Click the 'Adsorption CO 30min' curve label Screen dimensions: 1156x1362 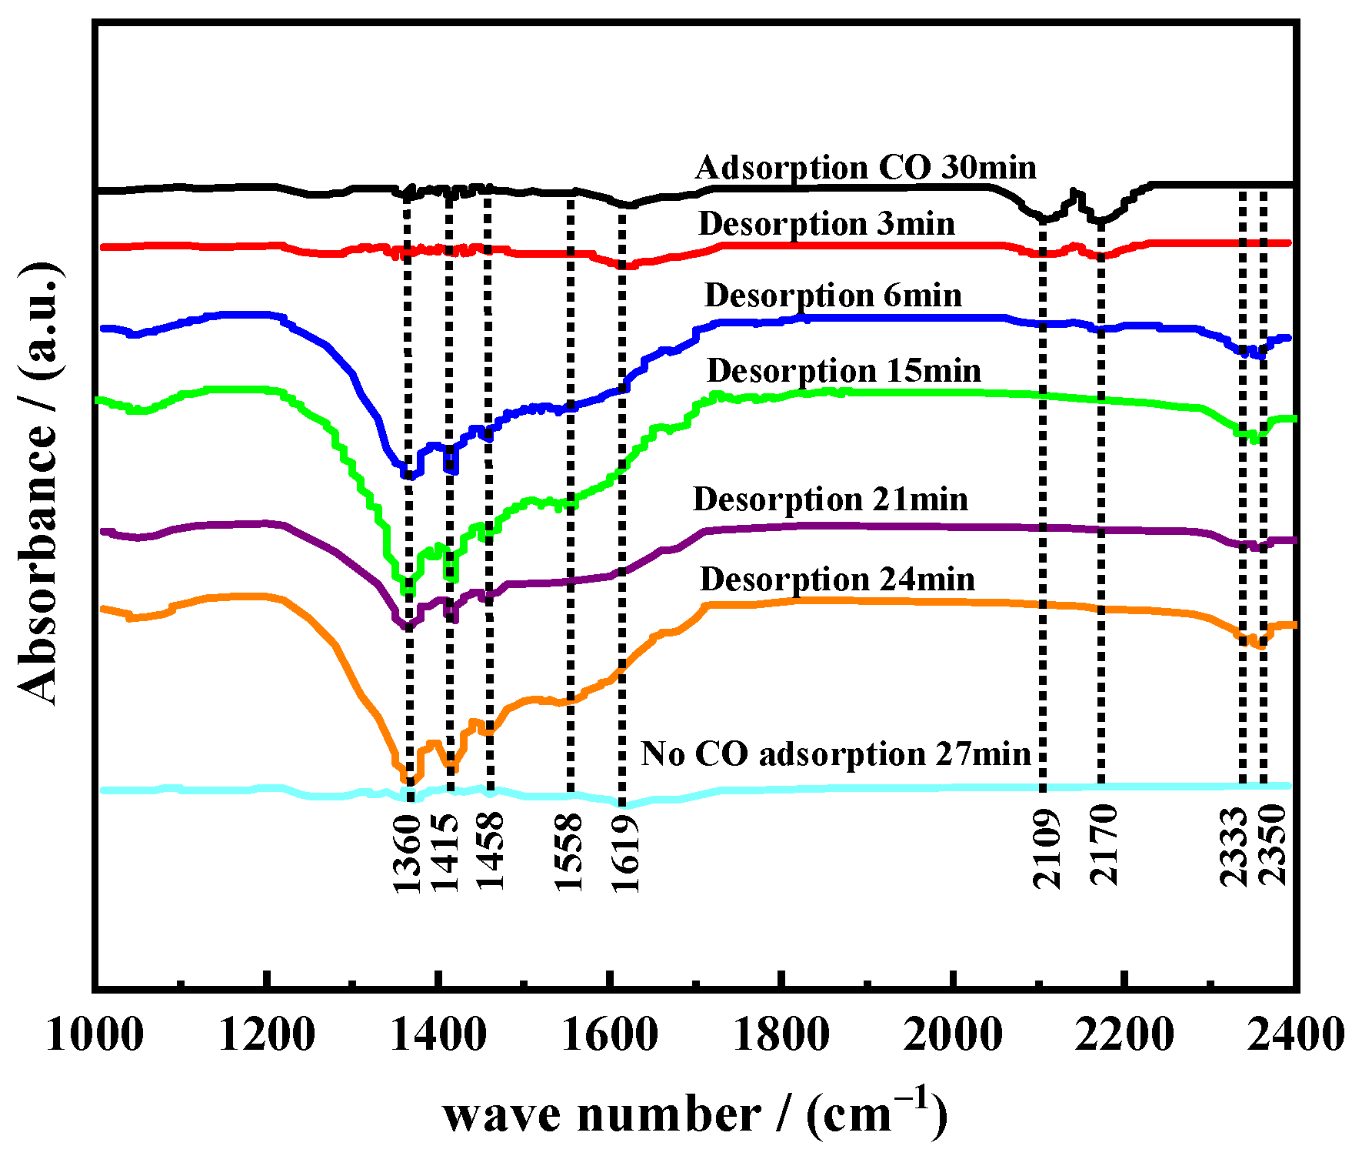(865, 167)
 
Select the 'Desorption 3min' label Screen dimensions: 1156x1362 (827, 224)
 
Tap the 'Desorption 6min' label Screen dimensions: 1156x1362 (833, 296)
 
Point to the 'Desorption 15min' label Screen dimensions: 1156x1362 (844, 371)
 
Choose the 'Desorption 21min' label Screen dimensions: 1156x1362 (831, 499)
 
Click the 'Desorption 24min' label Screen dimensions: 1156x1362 (837, 580)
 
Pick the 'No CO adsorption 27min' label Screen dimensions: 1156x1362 (836, 753)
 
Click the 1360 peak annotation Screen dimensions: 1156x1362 (408, 854)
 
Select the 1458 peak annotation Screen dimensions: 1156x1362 (490, 852)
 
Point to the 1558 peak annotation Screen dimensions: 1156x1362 (569, 852)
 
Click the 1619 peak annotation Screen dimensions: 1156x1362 (624, 854)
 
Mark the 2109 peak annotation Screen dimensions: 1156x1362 (1047, 849)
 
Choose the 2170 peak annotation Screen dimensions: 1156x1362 (1104, 845)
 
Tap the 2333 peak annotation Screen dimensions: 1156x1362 (1234, 846)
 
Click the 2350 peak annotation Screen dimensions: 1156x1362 (1274, 844)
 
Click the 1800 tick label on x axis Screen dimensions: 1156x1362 (781, 1034)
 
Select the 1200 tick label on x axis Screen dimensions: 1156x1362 (266, 1034)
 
